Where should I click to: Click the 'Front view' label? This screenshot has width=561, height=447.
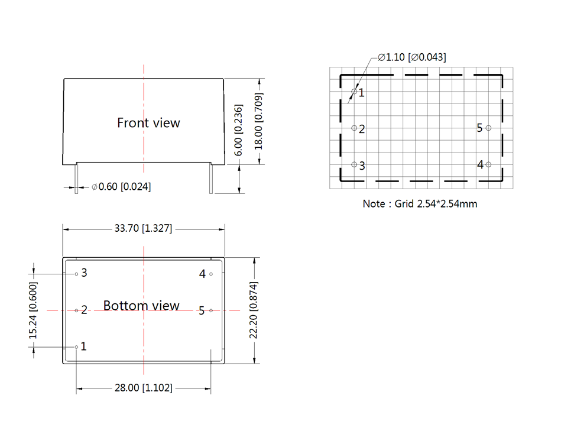tap(148, 123)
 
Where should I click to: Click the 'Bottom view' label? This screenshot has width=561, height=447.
tap(141, 306)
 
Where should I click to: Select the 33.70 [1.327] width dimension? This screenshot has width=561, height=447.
tap(143, 229)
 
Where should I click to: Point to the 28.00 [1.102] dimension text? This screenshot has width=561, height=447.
tap(143, 388)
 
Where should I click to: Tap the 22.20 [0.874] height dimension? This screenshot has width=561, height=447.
tap(254, 311)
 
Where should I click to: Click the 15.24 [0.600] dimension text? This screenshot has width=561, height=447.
tap(33, 310)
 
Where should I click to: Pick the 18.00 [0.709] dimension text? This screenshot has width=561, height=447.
tap(258, 121)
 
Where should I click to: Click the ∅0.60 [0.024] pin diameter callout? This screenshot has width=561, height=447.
tap(121, 187)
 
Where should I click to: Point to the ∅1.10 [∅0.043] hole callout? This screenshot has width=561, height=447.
tap(412, 57)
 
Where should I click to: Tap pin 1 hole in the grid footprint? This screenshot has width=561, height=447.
tap(354, 92)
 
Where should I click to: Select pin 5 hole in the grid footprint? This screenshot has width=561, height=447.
tap(488, 128)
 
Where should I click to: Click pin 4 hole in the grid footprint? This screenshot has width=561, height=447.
tap(488, 164)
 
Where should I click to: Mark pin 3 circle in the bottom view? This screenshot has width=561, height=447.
tap(76, 274)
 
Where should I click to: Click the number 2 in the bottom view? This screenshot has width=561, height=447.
tap(84, 310)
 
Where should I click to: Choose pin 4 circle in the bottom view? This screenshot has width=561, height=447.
tap(211, 274)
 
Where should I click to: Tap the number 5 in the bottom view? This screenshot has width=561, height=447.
tap(202, 310)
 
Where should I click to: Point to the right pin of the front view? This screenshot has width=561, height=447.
tap(210, 179)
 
